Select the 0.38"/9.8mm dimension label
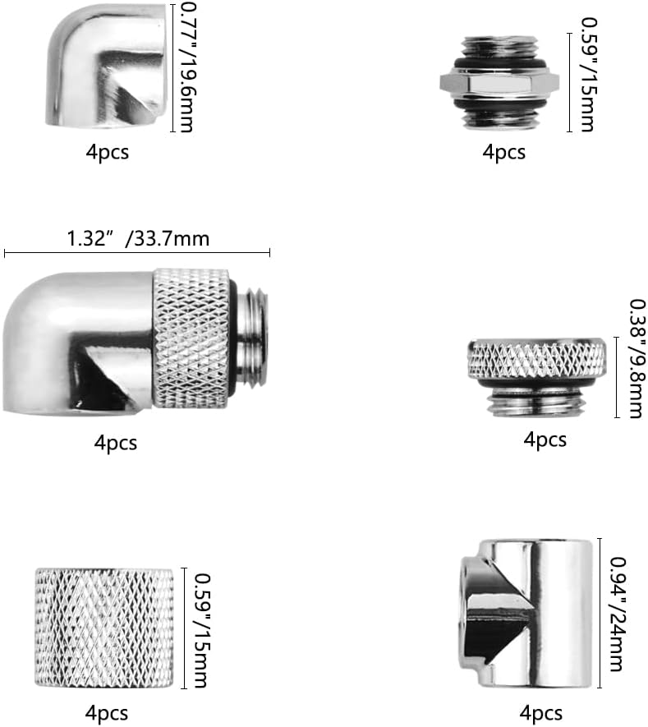pyautogui.click(x=634, y=358)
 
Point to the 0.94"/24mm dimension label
pyautogui.click(x=621, y=614)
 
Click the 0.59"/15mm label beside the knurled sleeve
pyautogui.click(x=203, y=629)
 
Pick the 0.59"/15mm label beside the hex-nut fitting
pyautogui.click(x=587, y=81)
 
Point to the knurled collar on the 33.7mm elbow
pyautogui.click(x=192, y=338)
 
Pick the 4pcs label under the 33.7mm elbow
pyautogui.click(x=116, y=443)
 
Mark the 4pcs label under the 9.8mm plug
pyautogui.click(x=545, y=439)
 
